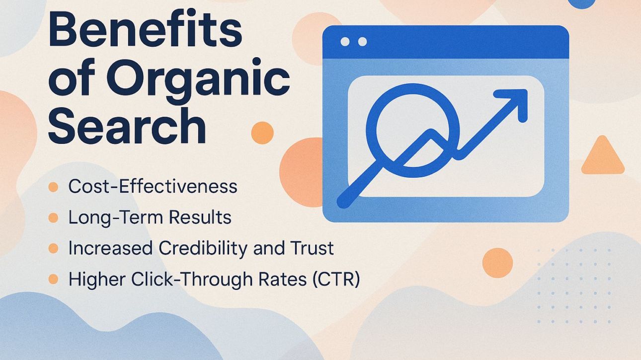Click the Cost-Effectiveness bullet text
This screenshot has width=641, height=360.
click(x=153, y=187)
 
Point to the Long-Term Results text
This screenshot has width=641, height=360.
click(x=150, y=217)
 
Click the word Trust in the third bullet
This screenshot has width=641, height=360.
click(x=313, y=248)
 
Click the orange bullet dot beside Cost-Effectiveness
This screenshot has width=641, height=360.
click(x=53, y=187)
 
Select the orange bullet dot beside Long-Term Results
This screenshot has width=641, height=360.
click(x=53, y=218)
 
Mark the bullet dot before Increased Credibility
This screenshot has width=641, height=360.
click(x=53, y=249)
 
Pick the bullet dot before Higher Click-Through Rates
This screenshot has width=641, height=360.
click(x=53, y=280)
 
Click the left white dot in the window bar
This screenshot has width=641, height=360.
click(x=345, y=42)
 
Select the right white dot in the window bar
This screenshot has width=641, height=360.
click(x=362, y=42)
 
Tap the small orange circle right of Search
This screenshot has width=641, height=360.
click(x=262, y=133)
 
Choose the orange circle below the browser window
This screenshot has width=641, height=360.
click(x=497, y=263)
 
